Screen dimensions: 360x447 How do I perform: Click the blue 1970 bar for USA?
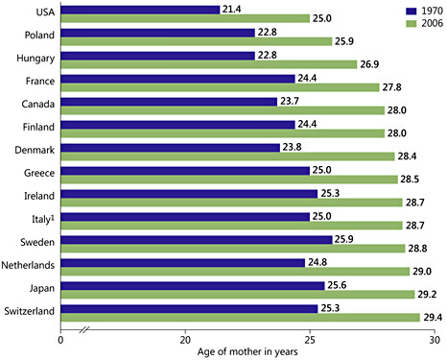140,10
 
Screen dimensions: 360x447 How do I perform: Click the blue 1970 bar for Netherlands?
182,261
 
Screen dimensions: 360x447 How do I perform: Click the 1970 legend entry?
413,9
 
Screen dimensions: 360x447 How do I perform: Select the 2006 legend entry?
413,22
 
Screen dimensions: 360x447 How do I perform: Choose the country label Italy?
43,218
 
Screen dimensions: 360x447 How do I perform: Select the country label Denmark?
33,150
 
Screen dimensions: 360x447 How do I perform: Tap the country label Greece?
35,172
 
